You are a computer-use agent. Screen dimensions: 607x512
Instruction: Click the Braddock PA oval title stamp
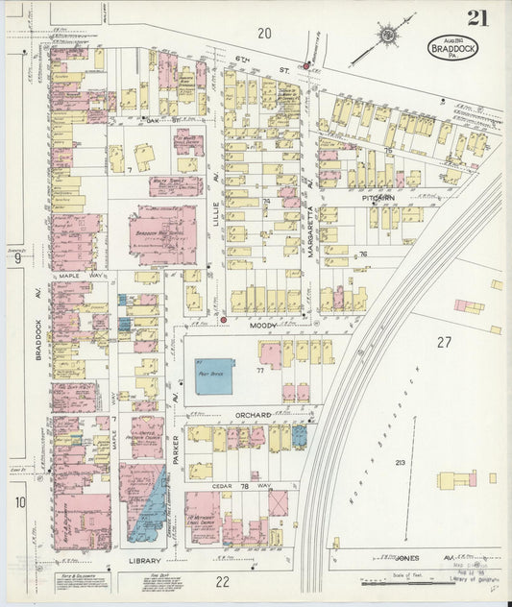(448, 48)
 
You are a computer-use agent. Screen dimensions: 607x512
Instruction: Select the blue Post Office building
(215, 375)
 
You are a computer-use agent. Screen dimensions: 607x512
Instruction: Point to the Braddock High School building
(162, 236)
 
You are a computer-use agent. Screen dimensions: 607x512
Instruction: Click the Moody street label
(263, 326)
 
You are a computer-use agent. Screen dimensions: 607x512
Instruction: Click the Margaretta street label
(312, 235)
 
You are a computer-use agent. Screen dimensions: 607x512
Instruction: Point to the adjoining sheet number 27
(443, 342)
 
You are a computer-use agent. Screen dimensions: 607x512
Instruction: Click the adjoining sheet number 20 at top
(264, 34)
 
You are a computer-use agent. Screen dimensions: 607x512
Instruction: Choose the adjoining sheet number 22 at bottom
(222, 581)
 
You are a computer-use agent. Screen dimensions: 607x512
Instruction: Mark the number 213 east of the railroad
(400, 463)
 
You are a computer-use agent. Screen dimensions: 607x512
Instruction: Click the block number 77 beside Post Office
(259, 369)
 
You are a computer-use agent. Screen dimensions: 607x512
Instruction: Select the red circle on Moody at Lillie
(223, 319)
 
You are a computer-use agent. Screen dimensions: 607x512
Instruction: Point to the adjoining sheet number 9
(17, 256)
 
